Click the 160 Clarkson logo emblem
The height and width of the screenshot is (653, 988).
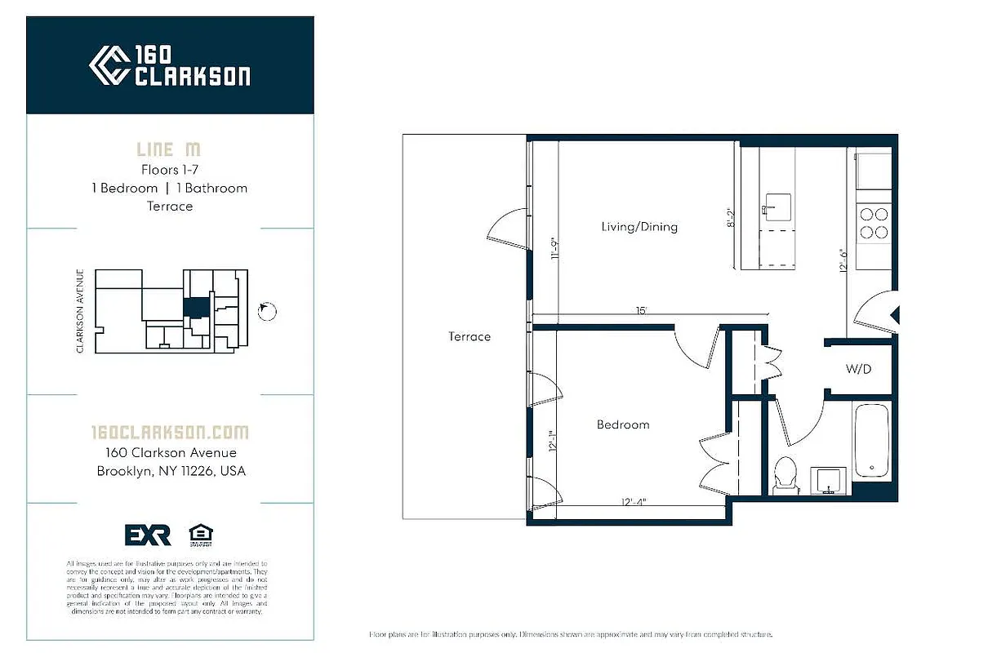tap(109, 65)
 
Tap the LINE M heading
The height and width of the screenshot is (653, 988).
tap(168, 149)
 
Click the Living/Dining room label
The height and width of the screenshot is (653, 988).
tap(639, 227)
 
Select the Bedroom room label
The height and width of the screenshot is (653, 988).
tap(623, 424)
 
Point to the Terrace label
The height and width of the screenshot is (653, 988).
tap(470, 336)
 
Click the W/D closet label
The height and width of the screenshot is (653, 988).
tap(858, 369)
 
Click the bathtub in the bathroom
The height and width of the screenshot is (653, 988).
tap(871, 441)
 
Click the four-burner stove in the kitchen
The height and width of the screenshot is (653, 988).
tap(873, 223)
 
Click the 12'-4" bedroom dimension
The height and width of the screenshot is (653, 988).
tap(633, 502)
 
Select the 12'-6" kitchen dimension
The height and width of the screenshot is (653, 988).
tap(843, 259)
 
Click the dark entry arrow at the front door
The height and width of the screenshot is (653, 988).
tap(894, 314)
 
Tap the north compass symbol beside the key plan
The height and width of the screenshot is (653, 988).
tap(267, 311)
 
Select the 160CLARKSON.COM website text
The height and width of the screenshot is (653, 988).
tap(170, 433)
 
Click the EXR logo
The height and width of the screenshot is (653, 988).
tap(148, 535)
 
